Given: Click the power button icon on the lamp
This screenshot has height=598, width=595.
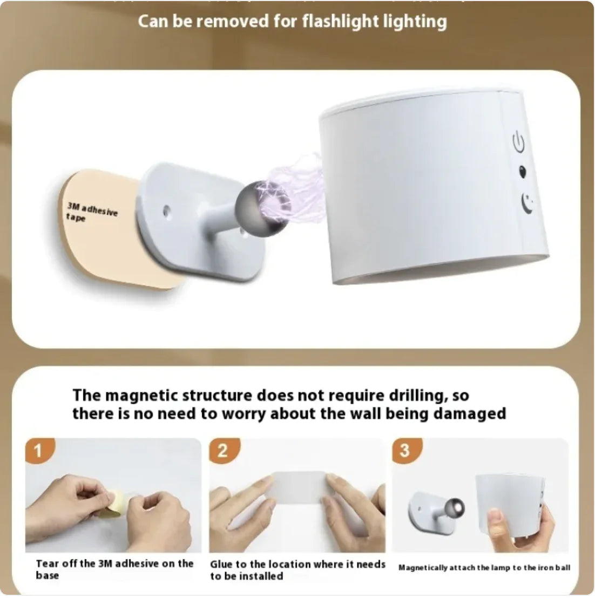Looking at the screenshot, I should coord(518,143).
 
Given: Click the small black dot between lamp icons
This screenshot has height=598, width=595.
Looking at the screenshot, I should coord(522,172).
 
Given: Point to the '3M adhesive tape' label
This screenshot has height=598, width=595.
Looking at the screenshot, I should coord(91,212).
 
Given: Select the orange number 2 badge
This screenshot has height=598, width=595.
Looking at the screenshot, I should coord(222,451).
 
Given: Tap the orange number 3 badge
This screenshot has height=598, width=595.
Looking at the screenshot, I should coord(405,450).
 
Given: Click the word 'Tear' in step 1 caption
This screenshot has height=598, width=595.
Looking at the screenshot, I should coord(47,564).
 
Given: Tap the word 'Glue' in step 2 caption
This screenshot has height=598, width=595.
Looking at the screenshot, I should coord(221,565).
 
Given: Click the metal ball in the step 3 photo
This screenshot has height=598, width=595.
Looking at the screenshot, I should coord(454,508).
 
